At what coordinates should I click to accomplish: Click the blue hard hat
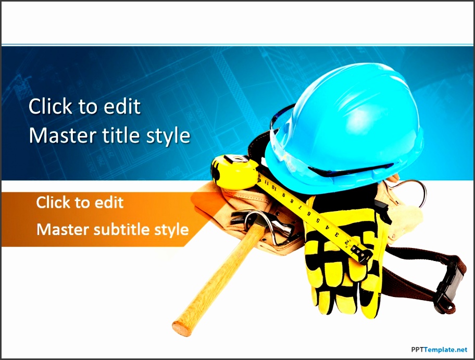coord(345,127)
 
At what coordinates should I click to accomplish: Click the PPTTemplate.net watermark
coord(439,350)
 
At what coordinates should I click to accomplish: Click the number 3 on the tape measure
coord(336,234)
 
